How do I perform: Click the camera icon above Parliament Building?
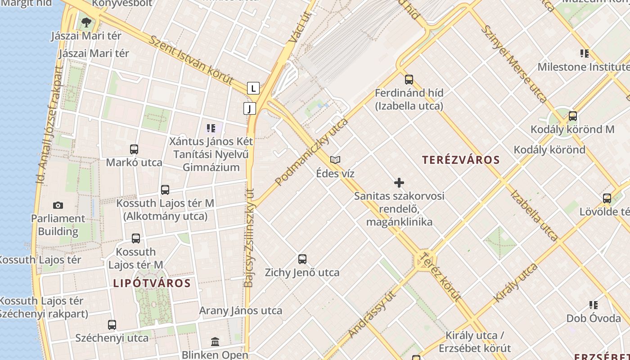tap(58, 206)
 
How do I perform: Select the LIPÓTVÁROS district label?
tap(152, 283)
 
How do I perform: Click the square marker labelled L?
tap(253, 88)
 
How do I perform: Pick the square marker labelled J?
tap(249, 108)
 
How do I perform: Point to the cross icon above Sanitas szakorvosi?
tap(399, 183)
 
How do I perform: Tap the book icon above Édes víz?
tap(335, 160)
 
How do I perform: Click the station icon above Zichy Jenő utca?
tap(302, 259)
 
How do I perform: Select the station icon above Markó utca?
tap(134, 149)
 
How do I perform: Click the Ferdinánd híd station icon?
tap(409, 80)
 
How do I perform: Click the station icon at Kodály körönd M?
tap(573, 116)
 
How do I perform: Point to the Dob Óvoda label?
tap(594, 318)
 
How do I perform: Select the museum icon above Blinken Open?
tap(215, 342)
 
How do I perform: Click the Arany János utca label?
tap(241, 310)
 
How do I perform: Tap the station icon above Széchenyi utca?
tap(112, 324)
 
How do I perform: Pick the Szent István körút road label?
tap(191, 60)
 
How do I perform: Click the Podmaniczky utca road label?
tap(312, 152)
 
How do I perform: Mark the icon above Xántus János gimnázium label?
tap(211, 128)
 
